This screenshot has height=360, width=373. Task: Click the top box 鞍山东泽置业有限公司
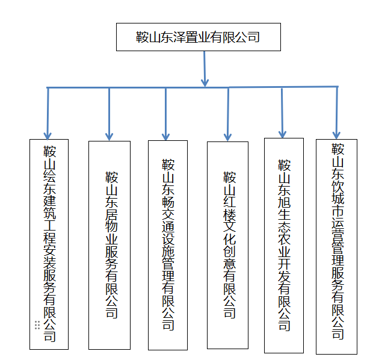tap(198, 37)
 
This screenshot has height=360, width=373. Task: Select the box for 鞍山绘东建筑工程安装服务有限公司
tap(49, 244)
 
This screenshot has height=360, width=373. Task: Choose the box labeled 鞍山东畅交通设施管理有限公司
tap(168, 244)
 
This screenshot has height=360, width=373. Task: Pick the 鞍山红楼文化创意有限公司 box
tap(227, 244)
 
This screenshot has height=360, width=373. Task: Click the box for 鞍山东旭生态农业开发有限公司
tap(283, 245)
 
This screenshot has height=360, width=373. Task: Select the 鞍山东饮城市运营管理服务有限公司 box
tap(336, 246)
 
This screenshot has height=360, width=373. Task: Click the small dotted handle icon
tap(37, 325)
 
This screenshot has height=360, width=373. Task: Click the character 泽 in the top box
tap(180, 37)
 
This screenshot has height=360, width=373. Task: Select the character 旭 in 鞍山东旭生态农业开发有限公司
tap(284, 203)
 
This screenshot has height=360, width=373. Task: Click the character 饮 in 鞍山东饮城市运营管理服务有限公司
tap(338, 187)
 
